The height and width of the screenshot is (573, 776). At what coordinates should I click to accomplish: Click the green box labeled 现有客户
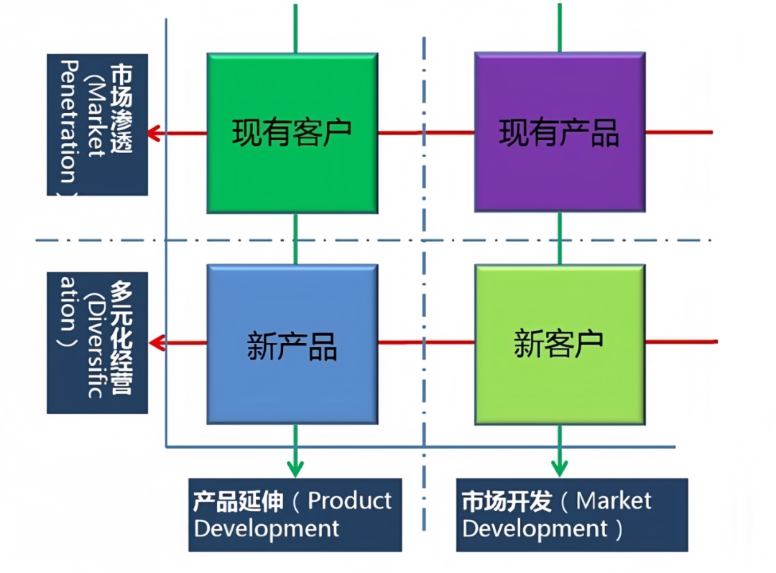coord(292,133)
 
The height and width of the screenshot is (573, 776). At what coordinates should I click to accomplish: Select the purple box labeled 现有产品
coord(560,132)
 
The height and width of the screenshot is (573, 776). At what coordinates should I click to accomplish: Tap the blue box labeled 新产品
coord(292,344)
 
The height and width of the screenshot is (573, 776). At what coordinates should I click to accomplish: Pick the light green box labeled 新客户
coord(560,344)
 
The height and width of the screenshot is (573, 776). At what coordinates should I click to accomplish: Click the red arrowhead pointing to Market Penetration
coord(154,133)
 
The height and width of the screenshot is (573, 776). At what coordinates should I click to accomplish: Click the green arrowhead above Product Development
coord(295,467)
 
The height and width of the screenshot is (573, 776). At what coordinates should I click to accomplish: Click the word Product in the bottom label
coord(350,501)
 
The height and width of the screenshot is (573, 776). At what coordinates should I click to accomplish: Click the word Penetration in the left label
coord(69,122)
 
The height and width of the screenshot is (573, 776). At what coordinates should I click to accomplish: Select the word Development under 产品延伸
coord(267,529)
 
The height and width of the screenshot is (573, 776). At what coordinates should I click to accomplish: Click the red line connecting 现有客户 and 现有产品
coord(425,132)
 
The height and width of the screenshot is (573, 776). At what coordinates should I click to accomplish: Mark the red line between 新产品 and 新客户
coord(425,342)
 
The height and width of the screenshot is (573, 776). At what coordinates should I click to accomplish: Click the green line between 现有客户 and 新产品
coord(295,238)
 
